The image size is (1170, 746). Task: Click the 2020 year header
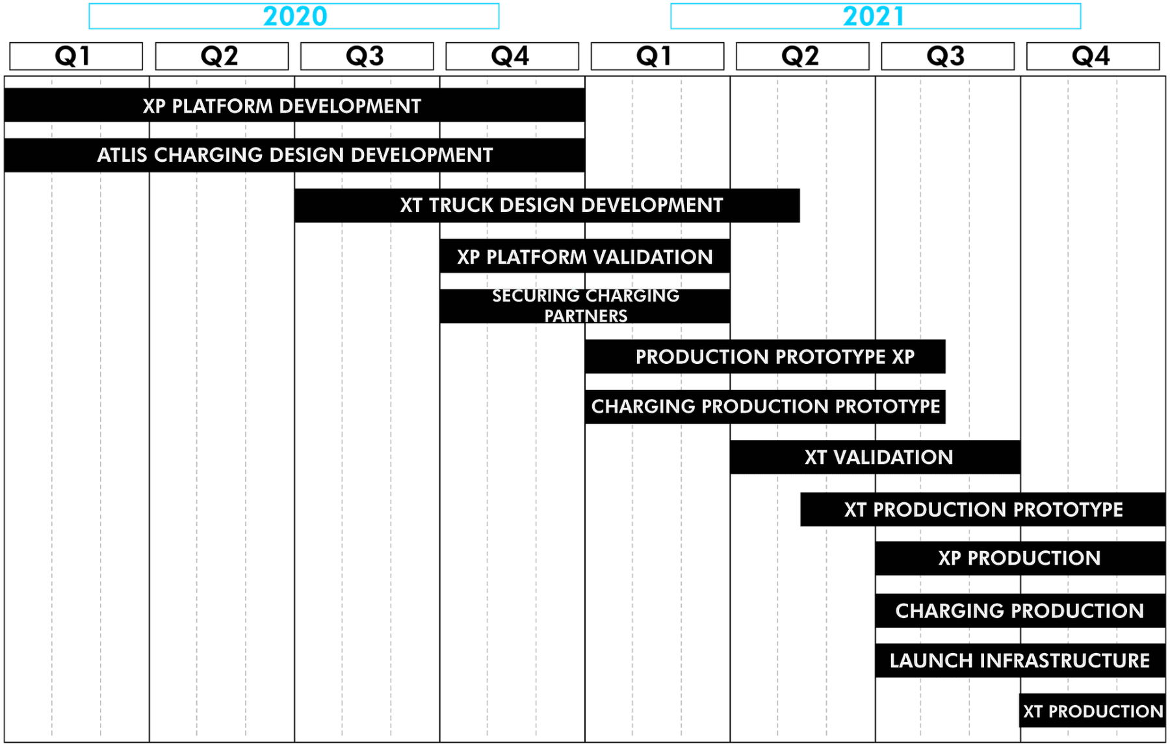[294, 16]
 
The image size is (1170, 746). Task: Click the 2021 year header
[876, 16]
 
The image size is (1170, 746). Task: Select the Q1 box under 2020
[76, 56]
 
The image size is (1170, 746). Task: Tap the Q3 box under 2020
[367, 56]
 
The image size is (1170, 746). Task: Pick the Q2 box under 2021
[803, 56]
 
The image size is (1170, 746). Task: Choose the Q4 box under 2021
[1093, 56]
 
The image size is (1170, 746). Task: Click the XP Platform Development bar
[294, 105]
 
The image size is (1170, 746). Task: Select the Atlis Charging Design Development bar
[294, 155]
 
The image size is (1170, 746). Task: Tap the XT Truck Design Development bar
[547, 205]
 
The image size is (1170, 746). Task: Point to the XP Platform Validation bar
[585, 257]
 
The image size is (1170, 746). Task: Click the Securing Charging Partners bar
[585, 306]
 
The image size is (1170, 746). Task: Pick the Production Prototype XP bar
[765, 357]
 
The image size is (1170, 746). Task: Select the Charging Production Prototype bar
[765, 407]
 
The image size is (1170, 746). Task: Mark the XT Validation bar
[875, 457]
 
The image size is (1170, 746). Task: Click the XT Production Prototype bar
[983, 509]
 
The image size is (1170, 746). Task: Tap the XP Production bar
[1020, 558]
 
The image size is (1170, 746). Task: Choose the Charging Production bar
[1020, 611]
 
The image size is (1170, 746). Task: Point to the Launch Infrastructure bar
[1020, 661]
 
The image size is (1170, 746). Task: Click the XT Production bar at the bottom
[1093, 711]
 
